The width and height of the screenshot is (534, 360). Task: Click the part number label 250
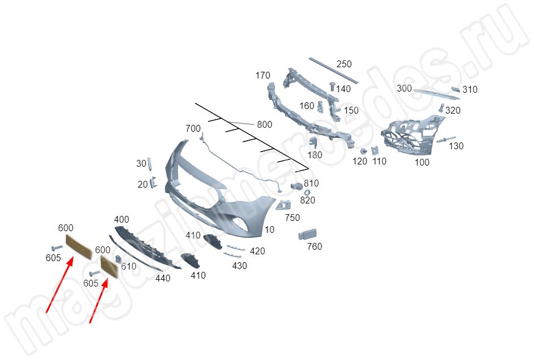click(344, 64)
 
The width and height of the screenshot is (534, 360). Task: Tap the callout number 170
click(262, 75)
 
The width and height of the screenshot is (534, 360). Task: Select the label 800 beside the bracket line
click(265, 124)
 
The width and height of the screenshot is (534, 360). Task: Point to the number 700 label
click(193, 128)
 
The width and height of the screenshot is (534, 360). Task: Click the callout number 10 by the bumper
click(269, 229)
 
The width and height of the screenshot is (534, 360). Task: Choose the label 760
click(315, 246)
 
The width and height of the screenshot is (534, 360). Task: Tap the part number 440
click(163, 279)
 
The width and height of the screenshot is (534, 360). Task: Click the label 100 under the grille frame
click(422, 162)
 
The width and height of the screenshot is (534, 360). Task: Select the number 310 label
click(470, 89)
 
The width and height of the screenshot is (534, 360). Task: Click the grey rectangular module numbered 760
click(308, 234)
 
